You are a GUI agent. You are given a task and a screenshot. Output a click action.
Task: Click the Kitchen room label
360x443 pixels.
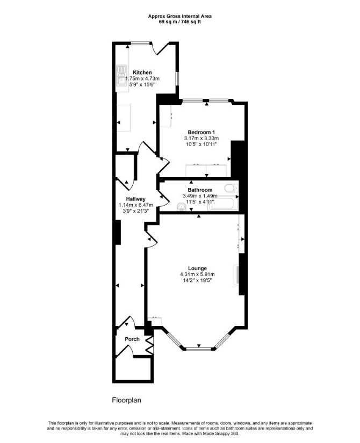pos(142,72)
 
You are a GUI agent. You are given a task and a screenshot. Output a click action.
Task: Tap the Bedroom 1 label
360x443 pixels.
pos(201,132)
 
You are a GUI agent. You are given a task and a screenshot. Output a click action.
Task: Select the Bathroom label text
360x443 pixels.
pos(200,190)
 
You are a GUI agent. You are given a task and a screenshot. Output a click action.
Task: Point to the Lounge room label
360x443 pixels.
pos(197,268)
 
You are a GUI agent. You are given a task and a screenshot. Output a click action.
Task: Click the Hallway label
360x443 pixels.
pos(136,199)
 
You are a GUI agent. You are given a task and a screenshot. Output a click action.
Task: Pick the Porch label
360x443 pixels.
pos(132,339)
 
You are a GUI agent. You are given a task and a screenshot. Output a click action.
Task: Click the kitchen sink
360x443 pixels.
pos(122,75)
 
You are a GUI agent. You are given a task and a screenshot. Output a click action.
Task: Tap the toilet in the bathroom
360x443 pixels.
pos(232,188)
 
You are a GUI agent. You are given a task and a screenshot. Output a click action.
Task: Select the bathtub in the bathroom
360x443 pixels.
pos(224,204)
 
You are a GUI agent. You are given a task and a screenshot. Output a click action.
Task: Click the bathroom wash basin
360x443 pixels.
pos(181,208)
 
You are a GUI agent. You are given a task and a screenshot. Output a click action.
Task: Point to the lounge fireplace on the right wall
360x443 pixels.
pos(236,274)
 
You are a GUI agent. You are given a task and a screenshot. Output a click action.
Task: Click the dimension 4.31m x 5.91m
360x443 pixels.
pos(197,274)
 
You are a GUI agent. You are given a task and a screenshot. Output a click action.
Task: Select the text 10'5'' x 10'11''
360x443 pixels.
pos(201,144)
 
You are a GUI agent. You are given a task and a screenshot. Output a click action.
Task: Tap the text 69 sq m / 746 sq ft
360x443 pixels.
pos(180,22)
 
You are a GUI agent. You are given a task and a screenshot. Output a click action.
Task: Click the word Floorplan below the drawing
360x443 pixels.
pos(126,400)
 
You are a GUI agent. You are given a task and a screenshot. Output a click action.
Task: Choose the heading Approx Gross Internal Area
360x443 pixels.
pos(180,17)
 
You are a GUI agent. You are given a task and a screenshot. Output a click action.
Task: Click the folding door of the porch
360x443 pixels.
pos(150,345)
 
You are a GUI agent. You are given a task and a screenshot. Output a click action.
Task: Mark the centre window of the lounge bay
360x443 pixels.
pos(199,349)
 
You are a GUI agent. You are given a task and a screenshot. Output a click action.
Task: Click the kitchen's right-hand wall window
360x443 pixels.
pos(177,78)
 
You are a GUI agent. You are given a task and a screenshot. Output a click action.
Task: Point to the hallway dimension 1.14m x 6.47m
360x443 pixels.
pos(136,205)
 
